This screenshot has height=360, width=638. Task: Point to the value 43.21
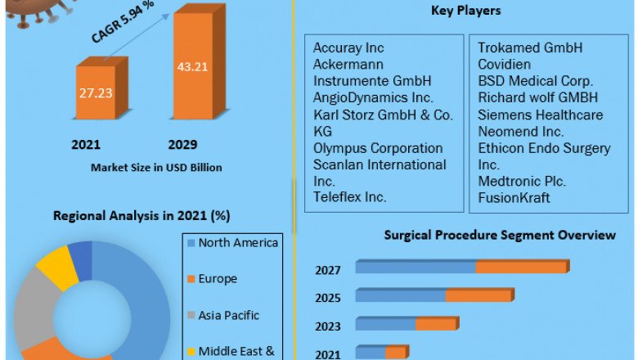(192, 66)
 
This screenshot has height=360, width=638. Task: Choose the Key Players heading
(465, 11)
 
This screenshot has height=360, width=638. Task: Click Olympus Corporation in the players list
(378, 148)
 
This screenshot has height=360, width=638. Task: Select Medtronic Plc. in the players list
(522, 181)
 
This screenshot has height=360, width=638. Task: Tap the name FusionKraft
(514, 198)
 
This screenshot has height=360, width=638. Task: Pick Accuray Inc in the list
(348, 48)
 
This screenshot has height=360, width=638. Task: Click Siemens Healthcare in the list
(540, 115)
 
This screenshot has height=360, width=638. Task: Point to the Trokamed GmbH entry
(530, 48)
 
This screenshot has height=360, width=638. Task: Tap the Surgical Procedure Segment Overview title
(500, 236)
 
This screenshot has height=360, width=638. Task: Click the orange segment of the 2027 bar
(521, 268)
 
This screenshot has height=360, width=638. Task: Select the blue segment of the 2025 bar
(401, 295)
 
